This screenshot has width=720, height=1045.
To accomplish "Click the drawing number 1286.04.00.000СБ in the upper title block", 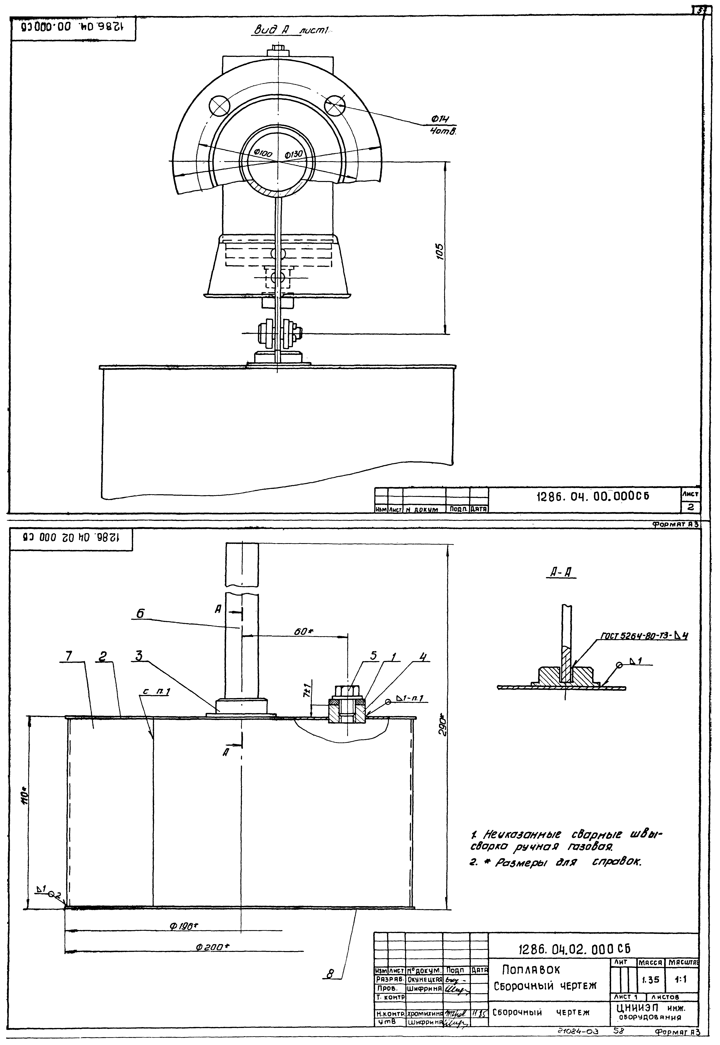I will [x=592, y=497].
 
